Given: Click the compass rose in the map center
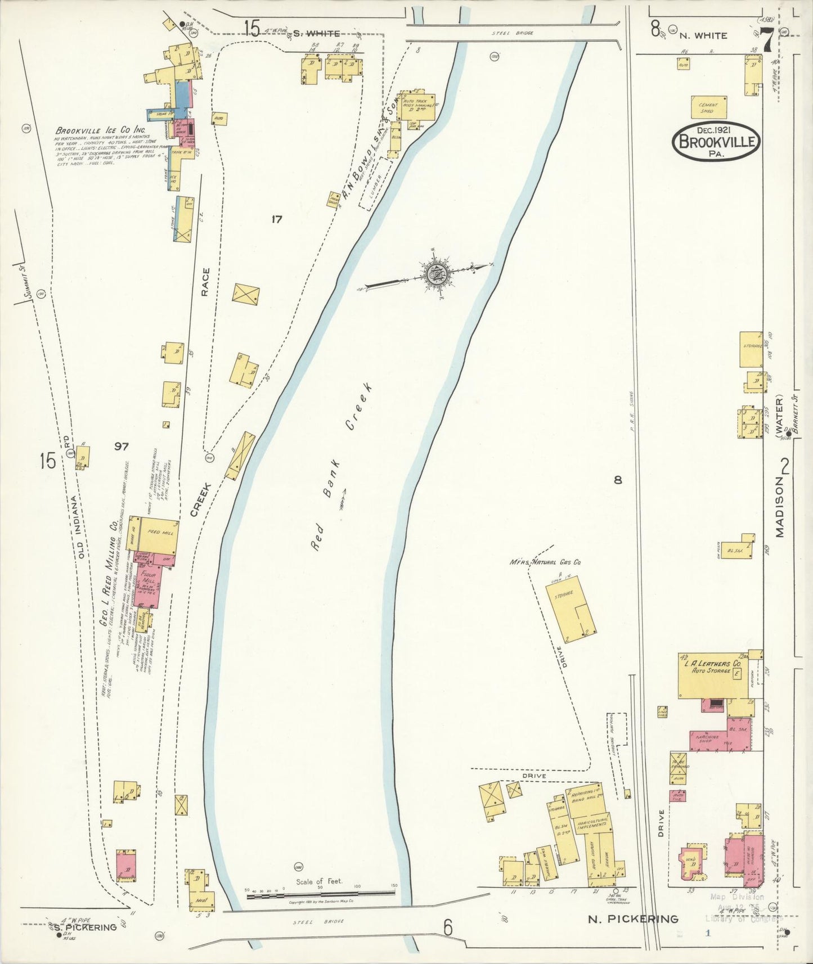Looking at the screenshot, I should click(434, 274).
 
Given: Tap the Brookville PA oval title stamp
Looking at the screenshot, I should click(716, 141).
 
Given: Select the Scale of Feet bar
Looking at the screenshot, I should click(321, 892).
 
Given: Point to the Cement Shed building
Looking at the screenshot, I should click(708, 107).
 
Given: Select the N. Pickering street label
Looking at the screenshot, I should click(632, 920).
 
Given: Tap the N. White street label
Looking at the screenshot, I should click(703, 35).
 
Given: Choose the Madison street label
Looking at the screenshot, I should click(780, 507).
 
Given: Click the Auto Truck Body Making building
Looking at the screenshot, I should click(417, 106).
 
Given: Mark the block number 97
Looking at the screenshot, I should click(121, 447).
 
